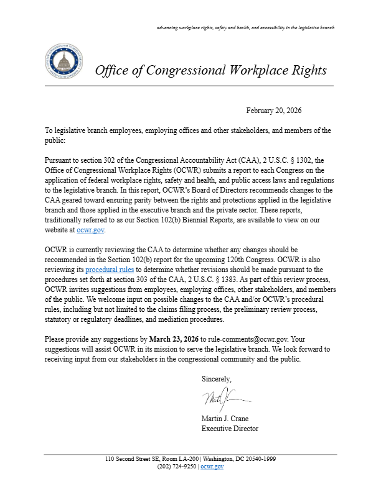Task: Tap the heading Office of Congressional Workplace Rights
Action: (x=210, y=70)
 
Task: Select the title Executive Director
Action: (x=230, y=429)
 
